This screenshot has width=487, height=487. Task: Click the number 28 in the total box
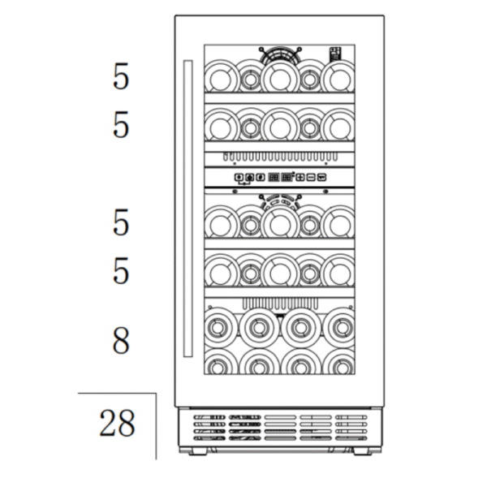(x=117, y=423)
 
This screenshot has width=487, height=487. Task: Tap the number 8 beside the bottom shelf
(x=120, y=340)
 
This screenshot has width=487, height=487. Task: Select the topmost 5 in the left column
(x=120, y=76)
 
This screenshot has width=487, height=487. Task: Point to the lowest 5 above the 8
(x=120, y=271)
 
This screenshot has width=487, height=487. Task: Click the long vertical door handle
(x=188, y=209)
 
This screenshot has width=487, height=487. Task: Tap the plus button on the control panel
(x=300, y=177)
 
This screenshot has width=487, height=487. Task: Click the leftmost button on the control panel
(x=239, y=177)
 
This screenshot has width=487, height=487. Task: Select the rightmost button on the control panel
(x=322, y=177)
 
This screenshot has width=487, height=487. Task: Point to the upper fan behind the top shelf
(x=280, y=55)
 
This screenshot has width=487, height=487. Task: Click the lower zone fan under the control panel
(x=280, y=202)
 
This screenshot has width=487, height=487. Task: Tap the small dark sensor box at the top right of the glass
(x=335, y=54)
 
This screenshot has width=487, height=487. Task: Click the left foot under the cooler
(x=197, y=451)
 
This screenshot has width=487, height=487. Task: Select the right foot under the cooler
(x=363, y=451)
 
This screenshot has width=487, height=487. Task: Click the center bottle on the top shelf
(x=280, y=79)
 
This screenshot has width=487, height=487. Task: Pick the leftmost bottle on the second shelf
(x=221, y=127)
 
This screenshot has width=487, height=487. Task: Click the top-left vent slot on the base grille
(x=209, y=417)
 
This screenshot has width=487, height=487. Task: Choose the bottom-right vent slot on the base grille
(x=351, y=438)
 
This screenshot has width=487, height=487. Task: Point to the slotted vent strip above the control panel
(x=280, y=157)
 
